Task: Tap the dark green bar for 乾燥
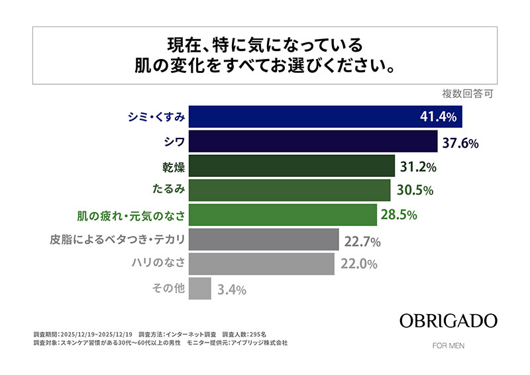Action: pos(292,166)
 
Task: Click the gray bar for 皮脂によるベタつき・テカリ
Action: pos(262,239)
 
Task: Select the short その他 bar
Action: pos(200,288)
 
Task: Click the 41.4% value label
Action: pos(439,117)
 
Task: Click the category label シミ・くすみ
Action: pos(155,117)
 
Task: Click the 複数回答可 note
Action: pos(468,93)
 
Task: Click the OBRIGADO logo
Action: pos(448,321)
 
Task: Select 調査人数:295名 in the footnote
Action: pos(244,334)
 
